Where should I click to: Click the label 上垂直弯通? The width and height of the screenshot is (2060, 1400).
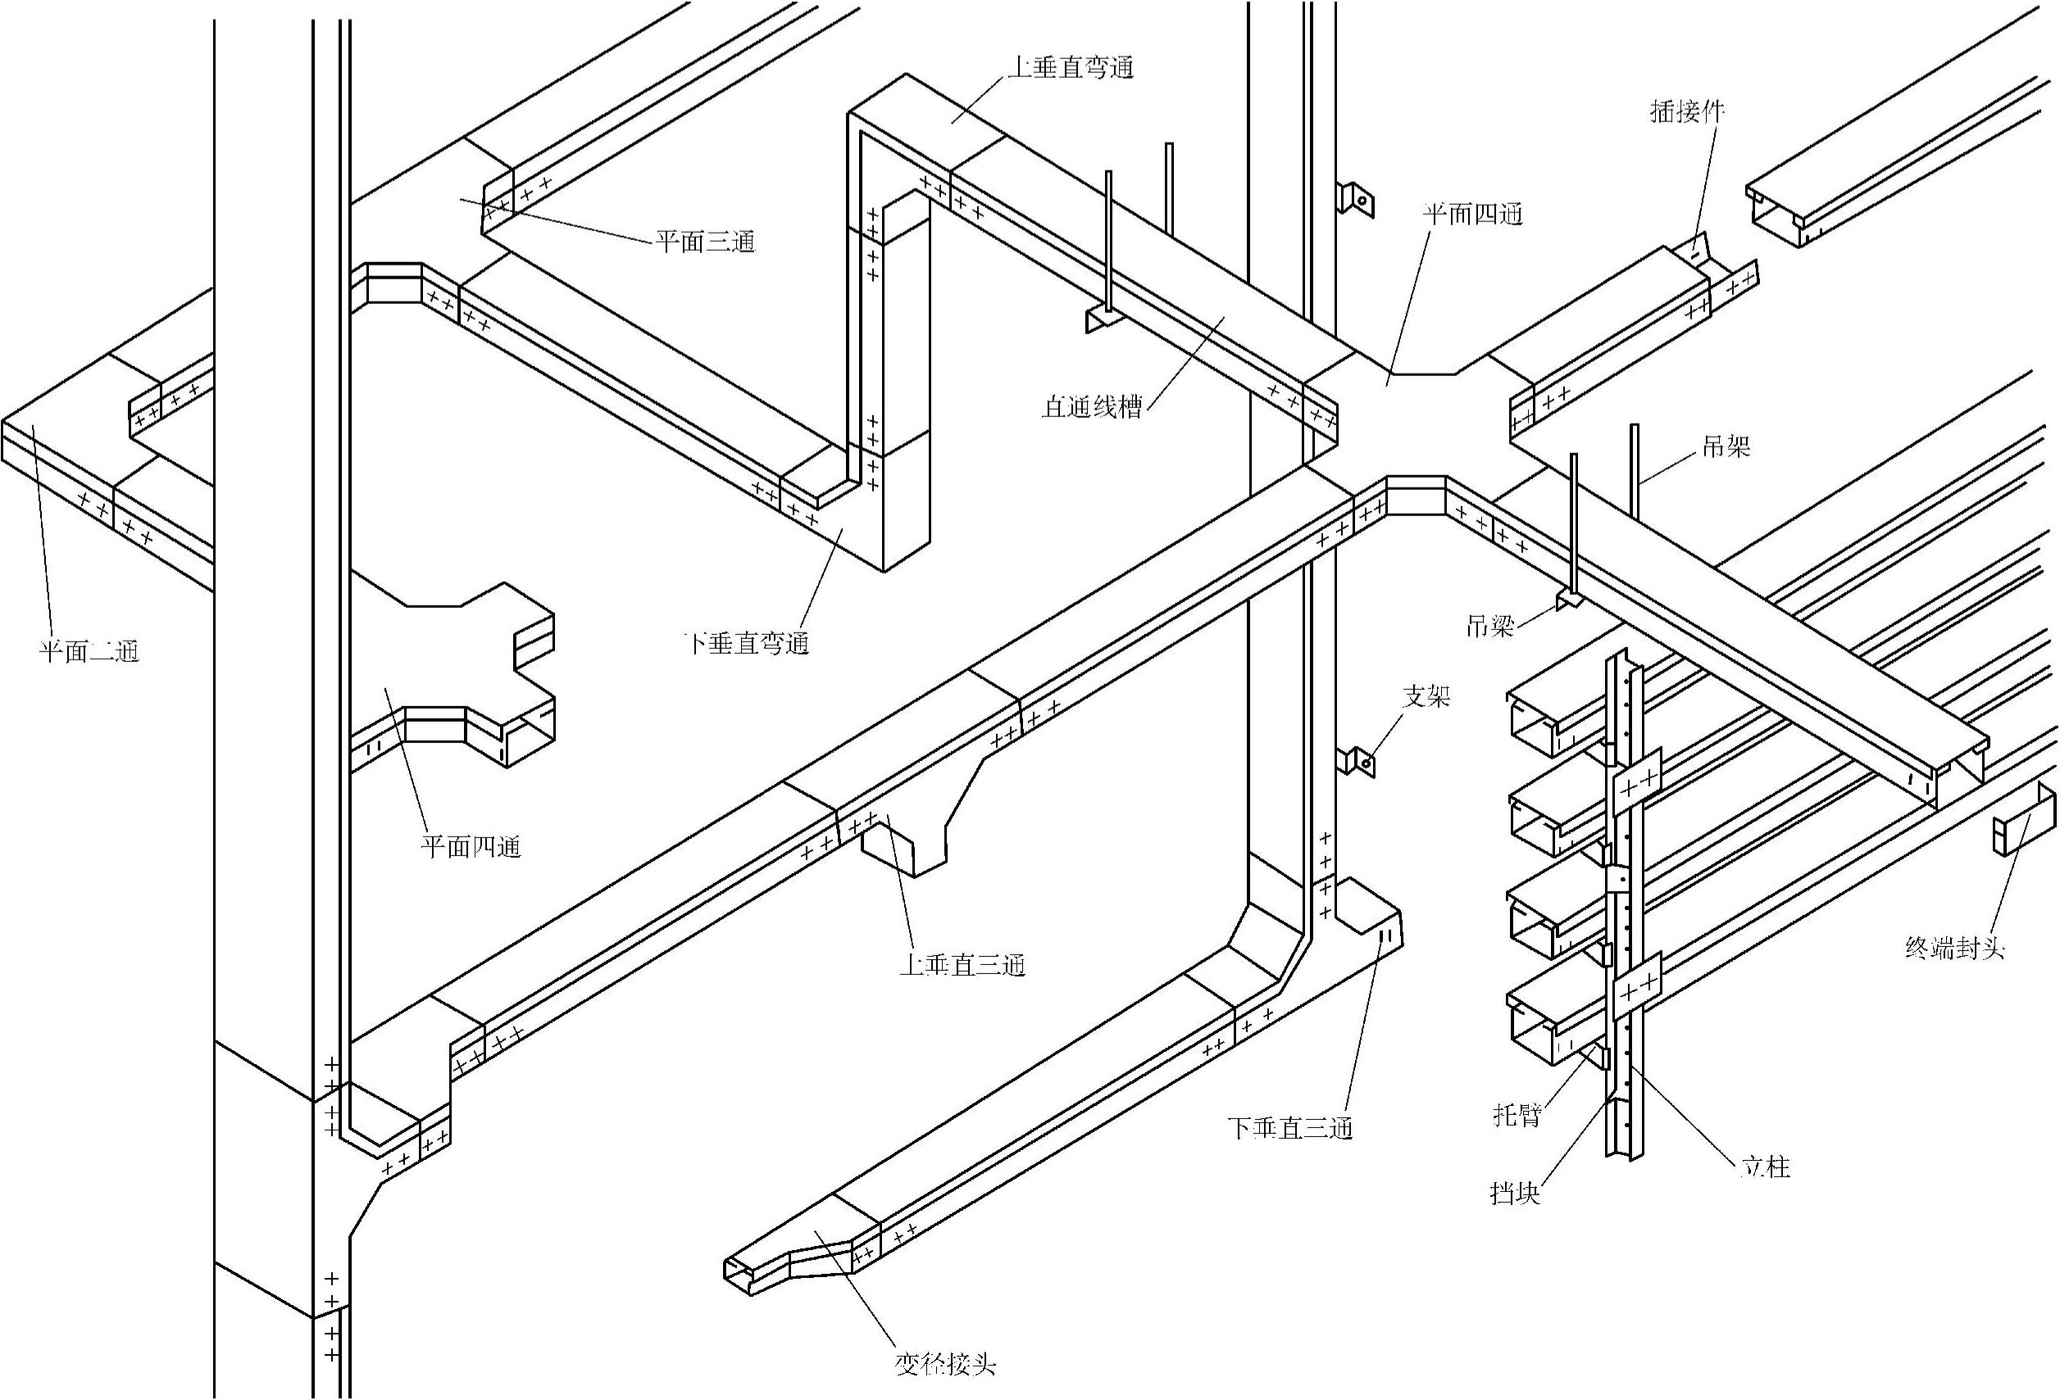(x=1071, y=67)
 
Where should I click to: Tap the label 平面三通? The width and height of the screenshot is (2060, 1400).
(x=706, y=241)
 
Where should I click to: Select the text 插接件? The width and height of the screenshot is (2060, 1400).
(x=1688, y=111)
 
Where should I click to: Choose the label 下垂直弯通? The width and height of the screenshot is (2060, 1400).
(x=748, y=642)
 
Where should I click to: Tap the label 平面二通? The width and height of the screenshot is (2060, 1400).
(x=89, y=651)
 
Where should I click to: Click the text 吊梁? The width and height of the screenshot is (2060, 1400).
(x=1490, y=627)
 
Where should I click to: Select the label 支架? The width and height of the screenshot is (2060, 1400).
(x=1426, y=696)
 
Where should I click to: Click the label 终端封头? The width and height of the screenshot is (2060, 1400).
(x=1954, y=948)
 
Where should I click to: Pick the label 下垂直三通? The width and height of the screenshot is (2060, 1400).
(x=1289, y=1128)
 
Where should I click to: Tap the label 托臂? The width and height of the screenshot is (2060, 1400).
(x=1517, y=1116)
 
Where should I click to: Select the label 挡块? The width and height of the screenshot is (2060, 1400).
(x=1516, y=1193)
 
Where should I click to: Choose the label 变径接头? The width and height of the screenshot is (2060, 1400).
(x=946, y=1364)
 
